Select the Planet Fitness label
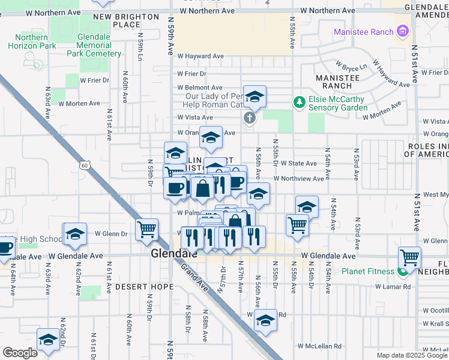[368, 271]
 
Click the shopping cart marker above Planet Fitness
[410, 257]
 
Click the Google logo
[20, 353]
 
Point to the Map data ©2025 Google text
[412, 355]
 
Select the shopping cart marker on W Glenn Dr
[146, 229]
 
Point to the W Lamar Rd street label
[393, 287]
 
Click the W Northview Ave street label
[298, 178]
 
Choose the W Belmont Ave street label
[200, 88]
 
